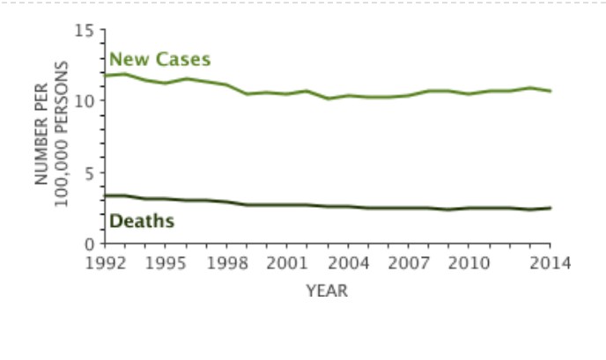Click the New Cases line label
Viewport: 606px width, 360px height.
(159, 60)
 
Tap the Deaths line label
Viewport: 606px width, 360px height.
(141, 221)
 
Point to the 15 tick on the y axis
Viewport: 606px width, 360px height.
(85, 32)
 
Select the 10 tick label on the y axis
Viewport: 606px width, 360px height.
(85, 101)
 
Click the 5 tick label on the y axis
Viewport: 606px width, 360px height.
(89, 173)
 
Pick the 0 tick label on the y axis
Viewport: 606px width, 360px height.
(89, 245)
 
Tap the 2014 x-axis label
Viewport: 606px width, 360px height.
(551, 262)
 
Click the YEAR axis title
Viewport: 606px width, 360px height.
(327, 290)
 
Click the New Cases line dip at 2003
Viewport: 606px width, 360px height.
(328, 99)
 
